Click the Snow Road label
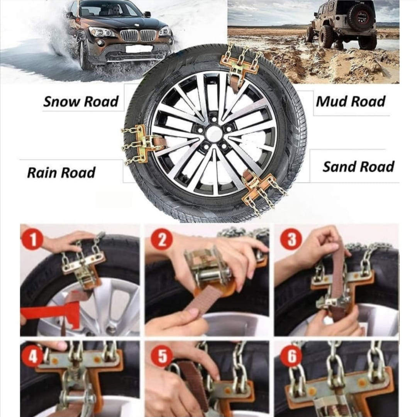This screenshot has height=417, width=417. point(81,102)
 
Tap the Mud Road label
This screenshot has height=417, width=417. point(351,102)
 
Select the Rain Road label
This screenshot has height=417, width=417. point(61,173)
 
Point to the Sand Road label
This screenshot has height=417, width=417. point(358,167)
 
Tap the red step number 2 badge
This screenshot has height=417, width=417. point(162,239)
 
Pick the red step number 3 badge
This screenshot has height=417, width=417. point(291,239)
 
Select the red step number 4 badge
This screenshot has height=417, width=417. point(32,356)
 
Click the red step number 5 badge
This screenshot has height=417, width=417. point(162,356)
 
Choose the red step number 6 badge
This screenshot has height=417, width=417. point(292,356)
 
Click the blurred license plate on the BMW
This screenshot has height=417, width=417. point(139,49)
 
